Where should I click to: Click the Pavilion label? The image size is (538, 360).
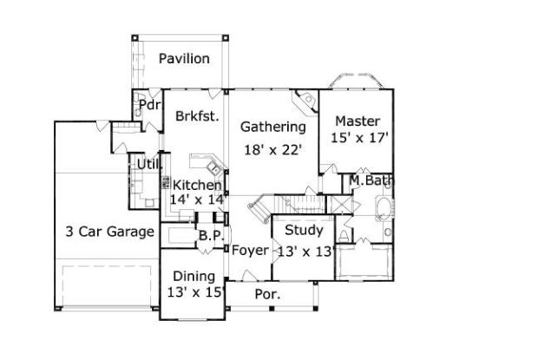[183, 59]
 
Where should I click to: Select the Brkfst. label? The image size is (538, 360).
[196, 115]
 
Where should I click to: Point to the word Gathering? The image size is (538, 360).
[272, 128]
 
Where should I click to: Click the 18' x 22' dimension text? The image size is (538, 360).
[272, 149]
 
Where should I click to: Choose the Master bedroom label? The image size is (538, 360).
[358, 121]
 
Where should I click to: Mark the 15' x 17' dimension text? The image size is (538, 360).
[358, 137]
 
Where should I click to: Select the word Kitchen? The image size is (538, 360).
[197, 185]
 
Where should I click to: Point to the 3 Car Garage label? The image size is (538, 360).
[109, 232]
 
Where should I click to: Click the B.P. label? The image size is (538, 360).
[211, 235]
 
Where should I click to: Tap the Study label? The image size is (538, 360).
[304, 231]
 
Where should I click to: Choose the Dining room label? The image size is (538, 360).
[194, 277]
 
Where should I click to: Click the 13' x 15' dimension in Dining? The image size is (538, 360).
[195, 292]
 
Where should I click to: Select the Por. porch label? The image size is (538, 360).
[266, 294]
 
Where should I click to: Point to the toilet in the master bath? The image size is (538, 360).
[344, 235]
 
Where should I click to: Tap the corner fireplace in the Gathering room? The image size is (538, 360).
[305, 105]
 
